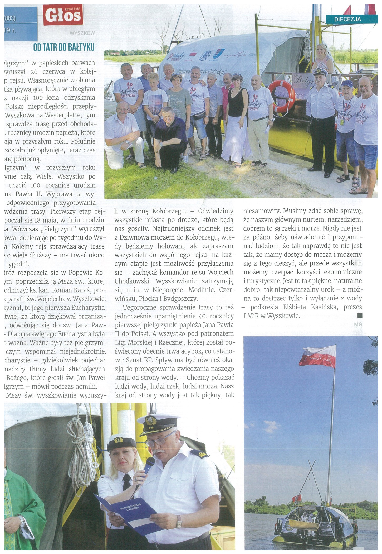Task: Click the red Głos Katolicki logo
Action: pyautogui.click(x=63, y=16)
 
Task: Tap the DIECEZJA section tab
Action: pyautogui.click(x=347, y=19)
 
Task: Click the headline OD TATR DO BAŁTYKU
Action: pyautogui.click(x=64, y=47)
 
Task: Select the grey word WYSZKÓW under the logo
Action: pyautogui.click(x=82, y=33)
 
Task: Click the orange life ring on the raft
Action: pyautogui.click(x=282, y=96)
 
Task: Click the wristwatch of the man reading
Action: pyautogui.click(x=179, y=521)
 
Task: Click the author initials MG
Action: pyautogui.click(x=358, y=324)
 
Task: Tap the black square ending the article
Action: pyautogui.click(x=360, y=316)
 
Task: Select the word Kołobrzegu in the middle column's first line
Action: pyautogui.click(x=169, y=211)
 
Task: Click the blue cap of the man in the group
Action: pyautogui.click(x=347, y=84)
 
